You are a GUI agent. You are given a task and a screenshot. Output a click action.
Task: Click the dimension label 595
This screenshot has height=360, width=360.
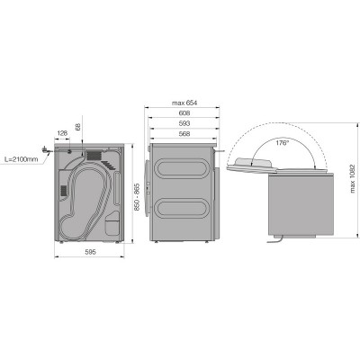90,252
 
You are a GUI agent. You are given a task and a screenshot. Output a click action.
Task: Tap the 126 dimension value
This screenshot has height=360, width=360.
62,133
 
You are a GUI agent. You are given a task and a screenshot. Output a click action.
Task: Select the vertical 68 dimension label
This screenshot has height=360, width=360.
77,127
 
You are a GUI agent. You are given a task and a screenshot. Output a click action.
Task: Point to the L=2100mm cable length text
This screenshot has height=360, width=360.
22,159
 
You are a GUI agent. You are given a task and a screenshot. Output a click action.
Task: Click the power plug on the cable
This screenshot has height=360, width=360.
45,150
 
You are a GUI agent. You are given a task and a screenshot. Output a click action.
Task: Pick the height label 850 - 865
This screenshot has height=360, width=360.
137,197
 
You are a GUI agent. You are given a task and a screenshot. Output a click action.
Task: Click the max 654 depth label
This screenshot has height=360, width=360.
184,103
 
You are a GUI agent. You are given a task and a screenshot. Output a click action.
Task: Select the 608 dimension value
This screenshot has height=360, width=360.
184,113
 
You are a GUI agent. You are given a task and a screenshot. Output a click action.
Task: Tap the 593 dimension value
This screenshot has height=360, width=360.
184,123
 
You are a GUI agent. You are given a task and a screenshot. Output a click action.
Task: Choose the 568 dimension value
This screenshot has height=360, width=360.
184,134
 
